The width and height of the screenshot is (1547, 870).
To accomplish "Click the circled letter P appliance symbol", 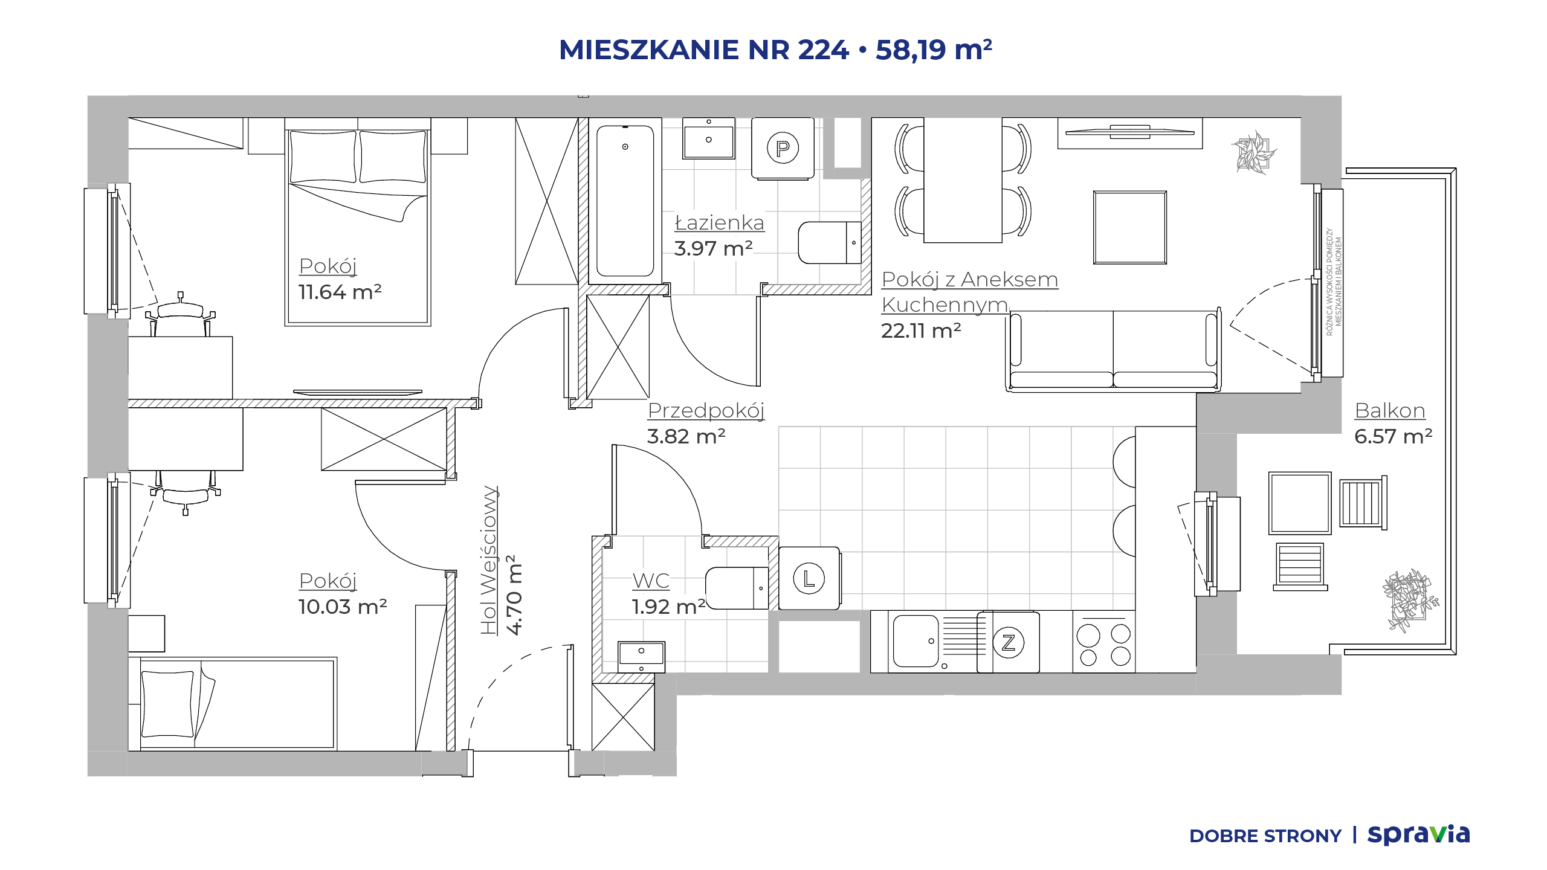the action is pos(783,148).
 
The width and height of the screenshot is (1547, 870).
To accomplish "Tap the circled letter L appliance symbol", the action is pos(809,578).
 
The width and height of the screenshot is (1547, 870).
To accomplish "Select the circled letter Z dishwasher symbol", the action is pos(1008,642).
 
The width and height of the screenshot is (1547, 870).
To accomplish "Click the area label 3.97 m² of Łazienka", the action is pos(713,248).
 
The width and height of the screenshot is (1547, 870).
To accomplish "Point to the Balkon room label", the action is pos(1390,411).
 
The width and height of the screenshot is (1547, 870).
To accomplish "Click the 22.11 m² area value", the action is pos(921,330).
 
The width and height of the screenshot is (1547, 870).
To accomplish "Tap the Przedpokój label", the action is pos(706,411).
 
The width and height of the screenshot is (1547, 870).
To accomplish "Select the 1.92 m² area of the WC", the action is pos(668,607).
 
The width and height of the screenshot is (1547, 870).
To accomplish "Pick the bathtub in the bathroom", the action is pos(625,201).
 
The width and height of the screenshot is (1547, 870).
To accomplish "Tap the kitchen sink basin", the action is pos(916,641).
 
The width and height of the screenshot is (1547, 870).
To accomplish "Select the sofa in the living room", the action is pos(1113,350).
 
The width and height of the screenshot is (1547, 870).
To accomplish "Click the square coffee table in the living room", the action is pos(1129,227).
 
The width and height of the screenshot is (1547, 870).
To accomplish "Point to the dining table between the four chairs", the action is pos(963,180).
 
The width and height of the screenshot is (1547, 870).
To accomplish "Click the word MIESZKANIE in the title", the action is pos(649,50).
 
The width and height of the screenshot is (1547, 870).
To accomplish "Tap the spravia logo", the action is pos(1418,835).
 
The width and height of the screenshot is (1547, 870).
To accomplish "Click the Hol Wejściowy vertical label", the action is pos(489,560).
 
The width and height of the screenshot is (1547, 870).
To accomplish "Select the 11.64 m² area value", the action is pos(340,292).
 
